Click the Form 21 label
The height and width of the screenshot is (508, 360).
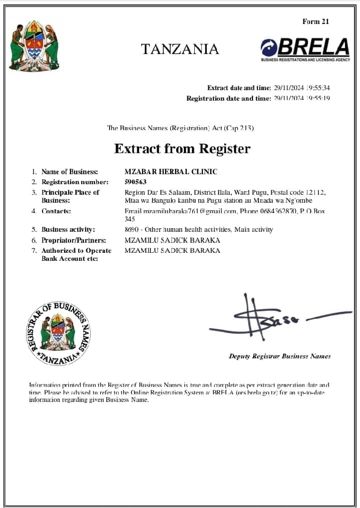(315, 22)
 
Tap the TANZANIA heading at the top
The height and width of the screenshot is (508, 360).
(180, 49)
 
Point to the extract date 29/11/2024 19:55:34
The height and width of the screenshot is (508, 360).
(301, 88)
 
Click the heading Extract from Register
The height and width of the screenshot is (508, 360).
(182, 149)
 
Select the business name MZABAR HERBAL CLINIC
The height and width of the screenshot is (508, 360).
(171, 172)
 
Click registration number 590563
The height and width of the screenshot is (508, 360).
(135, 182)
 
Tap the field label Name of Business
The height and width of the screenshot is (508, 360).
(70, 172)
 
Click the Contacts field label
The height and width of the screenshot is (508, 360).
(56, 211)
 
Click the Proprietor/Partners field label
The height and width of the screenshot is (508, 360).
(74, 240)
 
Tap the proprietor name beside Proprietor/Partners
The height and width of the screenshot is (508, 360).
(172, 240)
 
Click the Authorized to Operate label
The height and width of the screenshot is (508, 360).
(76, 250)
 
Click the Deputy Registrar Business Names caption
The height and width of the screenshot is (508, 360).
(279, 356)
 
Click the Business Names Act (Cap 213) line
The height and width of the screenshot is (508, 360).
(180, 128)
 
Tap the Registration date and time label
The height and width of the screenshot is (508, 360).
(228, 99)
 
